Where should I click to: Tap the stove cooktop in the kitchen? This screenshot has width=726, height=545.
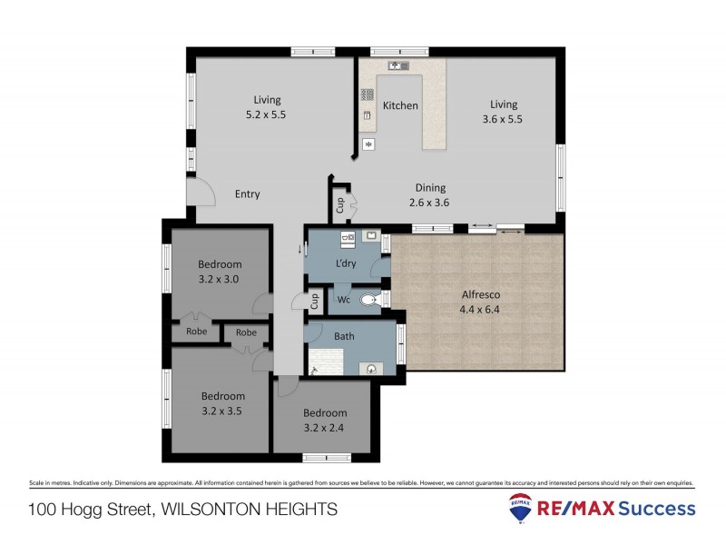(368, 94)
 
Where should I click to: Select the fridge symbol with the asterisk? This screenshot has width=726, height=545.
(368, 144)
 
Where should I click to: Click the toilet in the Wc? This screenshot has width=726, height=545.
(370, 299)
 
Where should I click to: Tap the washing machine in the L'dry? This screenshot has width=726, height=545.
(348, 239)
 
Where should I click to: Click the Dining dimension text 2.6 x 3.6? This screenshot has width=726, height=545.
(429, 203)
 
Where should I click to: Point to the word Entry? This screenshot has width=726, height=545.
(247, 193)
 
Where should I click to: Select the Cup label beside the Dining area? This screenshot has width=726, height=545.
(340, 205)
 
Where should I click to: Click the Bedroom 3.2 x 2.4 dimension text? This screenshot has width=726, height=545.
(325, 426)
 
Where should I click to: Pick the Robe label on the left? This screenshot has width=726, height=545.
(196, 332)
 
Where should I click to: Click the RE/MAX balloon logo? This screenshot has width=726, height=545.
(521, 510)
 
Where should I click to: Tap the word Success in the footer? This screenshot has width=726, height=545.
(658, 509)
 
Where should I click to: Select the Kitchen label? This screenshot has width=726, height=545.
(400, 105)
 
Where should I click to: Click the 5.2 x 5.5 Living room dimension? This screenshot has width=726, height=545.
(267, 114)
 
